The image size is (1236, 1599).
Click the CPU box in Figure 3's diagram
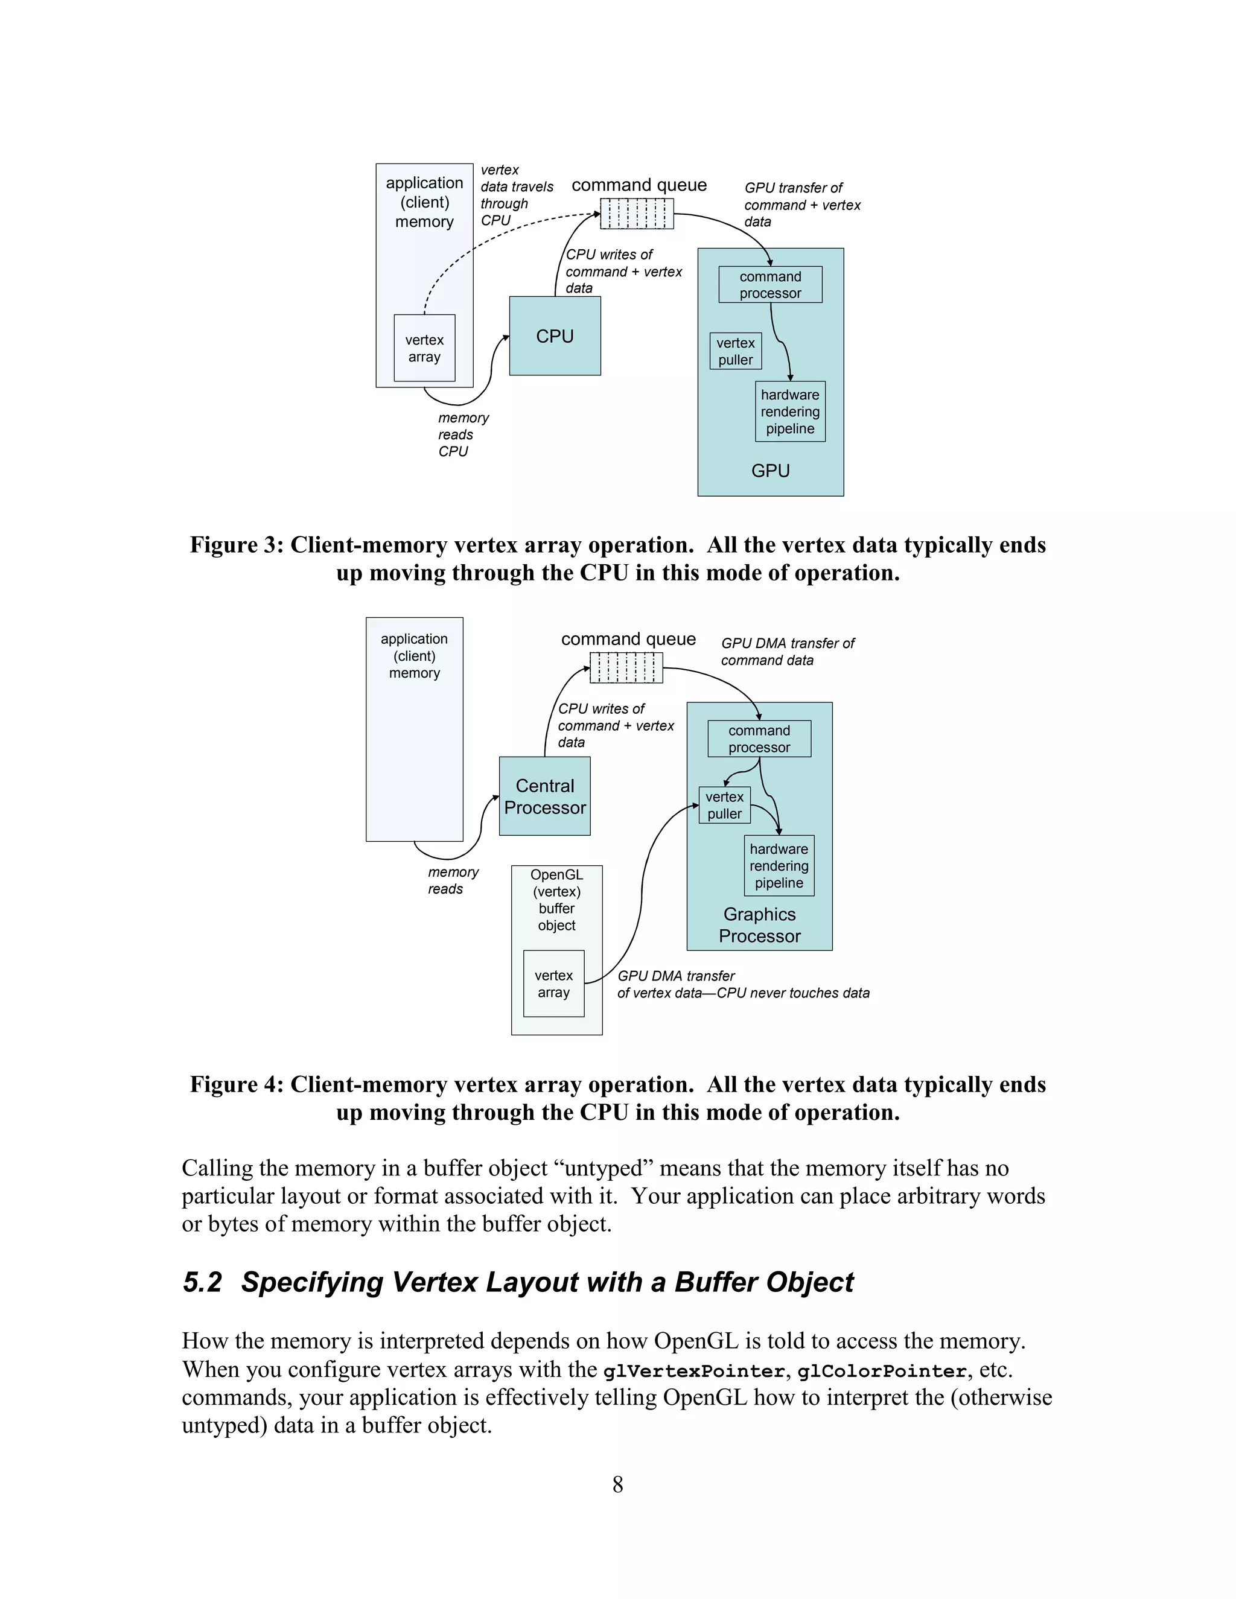tap(554, 336)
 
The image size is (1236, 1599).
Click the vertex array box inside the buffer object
tap(553, 984)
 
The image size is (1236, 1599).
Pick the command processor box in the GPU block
tap(769, 285)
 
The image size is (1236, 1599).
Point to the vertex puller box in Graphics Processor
tap(724, 804)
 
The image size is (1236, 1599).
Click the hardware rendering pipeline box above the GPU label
tap(789, 412)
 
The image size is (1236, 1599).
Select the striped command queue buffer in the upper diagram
tap(636, 214)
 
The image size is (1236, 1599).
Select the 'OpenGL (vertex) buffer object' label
tap(556, 900)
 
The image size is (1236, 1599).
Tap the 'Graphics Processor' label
tap(759, 924)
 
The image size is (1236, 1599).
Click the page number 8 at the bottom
tap(617, 1485)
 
